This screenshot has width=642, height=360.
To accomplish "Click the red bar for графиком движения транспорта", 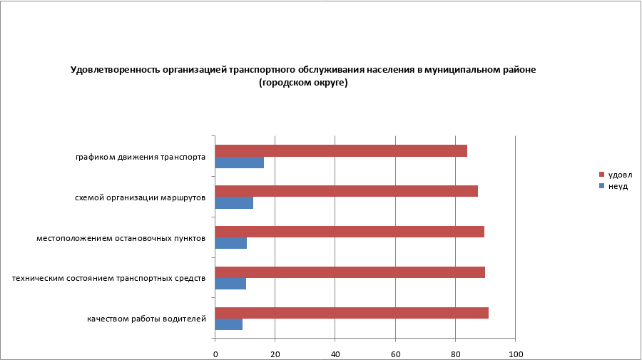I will point(341,150).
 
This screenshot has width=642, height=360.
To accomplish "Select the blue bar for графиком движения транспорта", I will point(239,163).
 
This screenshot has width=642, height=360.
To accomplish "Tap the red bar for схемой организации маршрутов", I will point(346,191).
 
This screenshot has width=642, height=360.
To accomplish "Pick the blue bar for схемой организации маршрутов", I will point(234,202).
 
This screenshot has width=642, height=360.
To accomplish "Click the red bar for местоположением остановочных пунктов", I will point(350,232).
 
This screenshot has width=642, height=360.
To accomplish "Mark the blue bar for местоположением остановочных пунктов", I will point(230,243).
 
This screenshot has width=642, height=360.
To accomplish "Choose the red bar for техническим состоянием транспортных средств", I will point(350,272).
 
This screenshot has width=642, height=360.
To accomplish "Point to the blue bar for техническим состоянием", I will point(230,284).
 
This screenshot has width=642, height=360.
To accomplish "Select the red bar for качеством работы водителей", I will point(352,313).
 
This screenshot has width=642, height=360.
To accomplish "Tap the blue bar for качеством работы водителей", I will point(228,324).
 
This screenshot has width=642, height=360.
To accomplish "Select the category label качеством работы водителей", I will point(147,319).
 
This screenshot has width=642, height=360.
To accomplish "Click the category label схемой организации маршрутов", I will point(141,197).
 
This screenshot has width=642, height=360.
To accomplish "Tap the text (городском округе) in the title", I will point(303,83).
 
